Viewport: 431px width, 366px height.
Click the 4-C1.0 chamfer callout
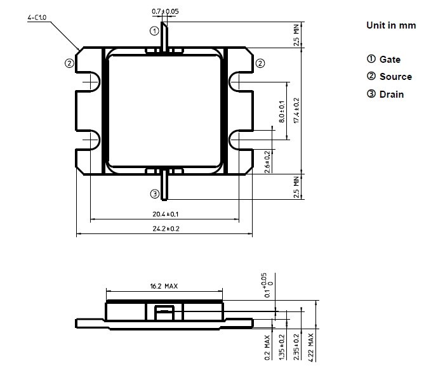click(x=37, y=19)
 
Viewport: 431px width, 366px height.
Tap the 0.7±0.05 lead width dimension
click(x=165, y=11)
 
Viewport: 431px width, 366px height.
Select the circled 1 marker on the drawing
click(x=154, y=30)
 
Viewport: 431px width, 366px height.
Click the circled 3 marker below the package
click(x=154, y=193)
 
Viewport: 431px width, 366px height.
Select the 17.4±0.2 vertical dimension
click(x=296, y=110)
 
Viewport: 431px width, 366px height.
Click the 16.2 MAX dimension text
click(x=164, y=286)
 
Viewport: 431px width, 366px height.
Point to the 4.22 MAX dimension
click(x=311, y=346)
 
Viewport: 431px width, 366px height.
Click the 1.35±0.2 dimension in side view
click(x=282, y=346)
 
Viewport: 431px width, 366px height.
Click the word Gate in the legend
click(x=390, y=59)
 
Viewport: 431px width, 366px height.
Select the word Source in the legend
click(x=395, y=77)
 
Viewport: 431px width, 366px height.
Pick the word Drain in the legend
click(x=392, y=95)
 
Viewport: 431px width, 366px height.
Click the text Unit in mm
click(x=390, y=25)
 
